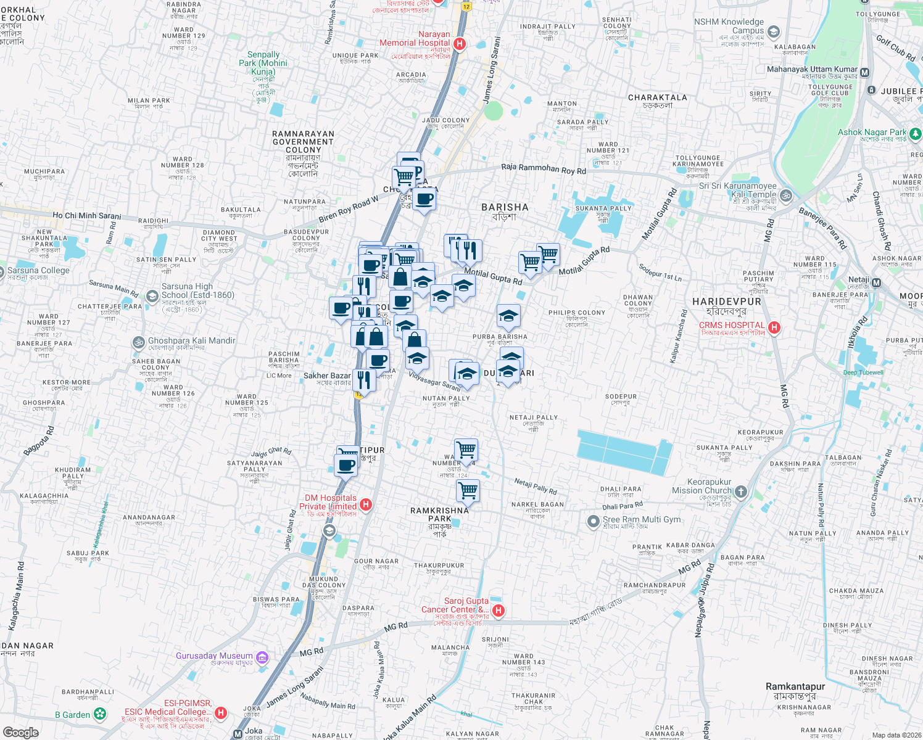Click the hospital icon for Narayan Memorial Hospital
(459, 44)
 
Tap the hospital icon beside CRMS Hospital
(774, 327)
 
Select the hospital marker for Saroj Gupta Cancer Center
(499, 610)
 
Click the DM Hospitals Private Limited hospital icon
(366, 504)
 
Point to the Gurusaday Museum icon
(262, 657)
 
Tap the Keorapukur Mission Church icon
(741, 492)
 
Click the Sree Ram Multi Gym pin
(593, 522)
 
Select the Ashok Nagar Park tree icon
(916, 133)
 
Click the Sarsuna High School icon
(152, 297)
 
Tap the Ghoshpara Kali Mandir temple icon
(139, 342)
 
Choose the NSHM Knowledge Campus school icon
(774, 31)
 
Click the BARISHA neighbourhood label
(505, 208)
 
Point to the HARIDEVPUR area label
(727, 302)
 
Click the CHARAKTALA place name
(657, 97)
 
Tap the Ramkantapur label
(795, 686)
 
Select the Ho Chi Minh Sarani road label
(87, 216)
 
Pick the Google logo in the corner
(21, 732)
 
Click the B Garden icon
(100, 715)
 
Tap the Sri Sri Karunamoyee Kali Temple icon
(786, 196)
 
